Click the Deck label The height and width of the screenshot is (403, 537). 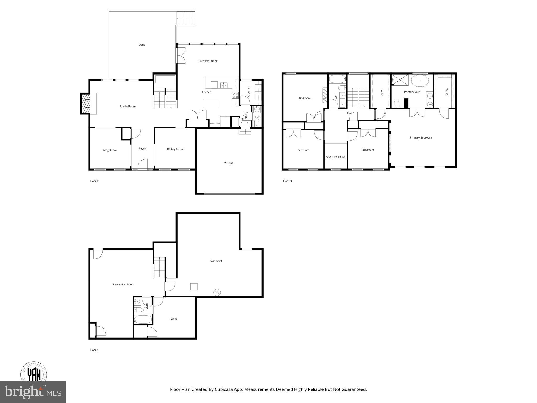click(x=142, y=45)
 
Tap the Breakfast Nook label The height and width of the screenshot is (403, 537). click(x=208, y=61)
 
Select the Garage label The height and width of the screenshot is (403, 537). click(x=228, y=163)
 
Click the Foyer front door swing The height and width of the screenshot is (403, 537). click(x=143, y=165)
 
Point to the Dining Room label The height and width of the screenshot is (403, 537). click(x=175, y=149)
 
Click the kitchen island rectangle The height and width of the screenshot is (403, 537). click(x=212, y=104)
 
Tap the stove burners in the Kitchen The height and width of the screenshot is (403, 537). click(x=235, y=95)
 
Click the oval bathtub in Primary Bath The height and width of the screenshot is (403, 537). click(x=420, y=81)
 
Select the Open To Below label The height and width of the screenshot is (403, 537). click(x=336, y=157)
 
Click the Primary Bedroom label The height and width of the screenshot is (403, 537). click(x=421, y=138)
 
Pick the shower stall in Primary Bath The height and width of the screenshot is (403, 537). click(x=400, y=80)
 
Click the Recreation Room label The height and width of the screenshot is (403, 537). click(x=123, y=285)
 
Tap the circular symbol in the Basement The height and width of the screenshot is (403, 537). click(x=217, y=292)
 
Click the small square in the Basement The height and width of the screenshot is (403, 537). click(x=194, y=287)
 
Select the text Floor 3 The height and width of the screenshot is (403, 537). click(x=287, y=181)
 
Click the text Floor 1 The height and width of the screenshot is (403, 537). click(x=94, y=350)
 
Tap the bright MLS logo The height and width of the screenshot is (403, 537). click(x=33, y=392)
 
